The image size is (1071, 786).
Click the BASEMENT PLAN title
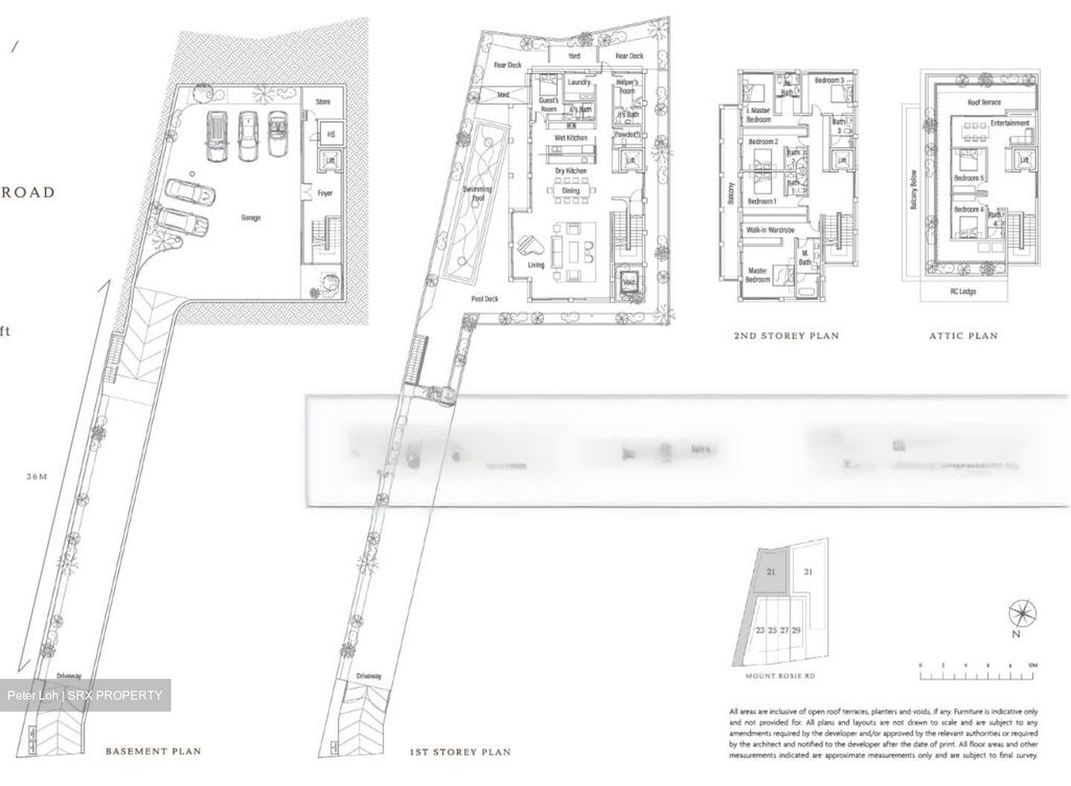[x=153, y=751]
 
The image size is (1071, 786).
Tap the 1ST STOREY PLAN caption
[x=460, y=752]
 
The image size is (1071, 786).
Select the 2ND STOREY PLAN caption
[x=786, y=335]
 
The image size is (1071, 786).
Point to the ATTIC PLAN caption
[x=963, y=335]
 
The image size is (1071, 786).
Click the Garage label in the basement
[x=251, y=218]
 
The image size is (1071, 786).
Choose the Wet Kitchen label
[x=570, y=138]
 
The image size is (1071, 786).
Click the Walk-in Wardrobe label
[x=771, y=231]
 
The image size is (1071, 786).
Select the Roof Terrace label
[x=984, y=103]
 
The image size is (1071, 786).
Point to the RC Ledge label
[x=963, y=291]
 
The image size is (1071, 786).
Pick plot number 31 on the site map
[x=808, y=572]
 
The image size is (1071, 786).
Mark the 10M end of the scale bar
[x=1032, y=666]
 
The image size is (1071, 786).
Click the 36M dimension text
[x=35, y=477]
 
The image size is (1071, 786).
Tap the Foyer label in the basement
[x=325, y=193]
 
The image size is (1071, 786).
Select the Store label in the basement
[x=323, y=102]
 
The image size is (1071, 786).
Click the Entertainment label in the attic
[x=1009, y=123]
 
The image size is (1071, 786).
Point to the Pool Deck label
[x=485, y=299]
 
